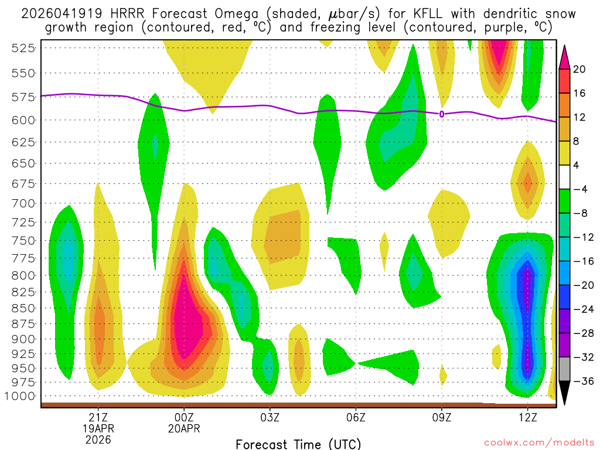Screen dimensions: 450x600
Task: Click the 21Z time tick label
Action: tap(98, 417)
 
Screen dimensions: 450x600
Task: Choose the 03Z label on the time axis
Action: tap(270, 417)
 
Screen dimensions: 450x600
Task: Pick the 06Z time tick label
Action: tap(356, 417)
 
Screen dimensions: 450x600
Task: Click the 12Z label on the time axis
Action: tap(527, 417)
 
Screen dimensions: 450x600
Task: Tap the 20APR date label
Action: tap(184, 428)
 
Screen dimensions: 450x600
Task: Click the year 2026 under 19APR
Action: tap(98, 439)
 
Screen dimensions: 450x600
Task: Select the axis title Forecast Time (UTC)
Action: tap(298, 444)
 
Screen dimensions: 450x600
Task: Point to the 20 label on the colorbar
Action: tap(580, 69)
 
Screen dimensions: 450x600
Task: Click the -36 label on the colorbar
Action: tap(582, 381)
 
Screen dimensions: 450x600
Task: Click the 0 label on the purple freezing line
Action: tap(441, 114)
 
